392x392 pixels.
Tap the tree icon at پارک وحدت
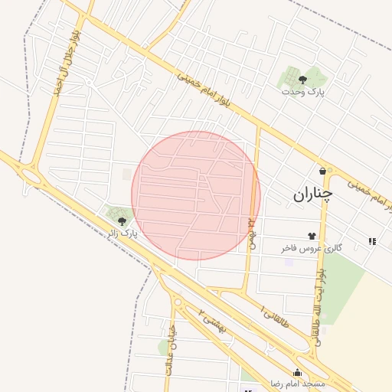302,79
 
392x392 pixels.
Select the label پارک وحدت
302,92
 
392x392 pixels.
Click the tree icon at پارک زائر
122,220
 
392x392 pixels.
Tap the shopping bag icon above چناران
322,171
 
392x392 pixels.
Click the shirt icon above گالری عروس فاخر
312,236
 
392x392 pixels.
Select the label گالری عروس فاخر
311,248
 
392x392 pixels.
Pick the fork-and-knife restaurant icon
372,241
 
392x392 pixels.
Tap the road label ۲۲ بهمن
250,234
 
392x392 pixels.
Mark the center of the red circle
196,195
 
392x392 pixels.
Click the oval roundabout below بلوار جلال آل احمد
31,177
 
